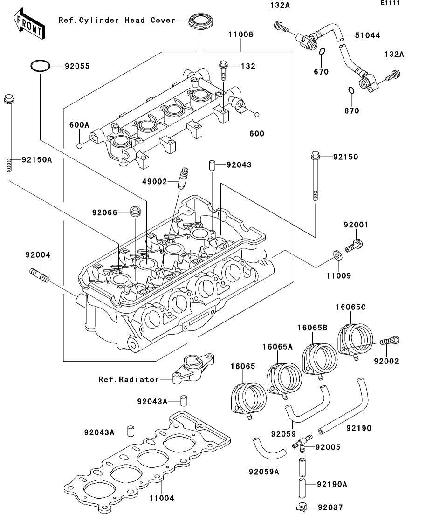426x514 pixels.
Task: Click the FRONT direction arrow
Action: coord(29,26)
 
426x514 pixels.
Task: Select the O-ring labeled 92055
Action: coord(41,66)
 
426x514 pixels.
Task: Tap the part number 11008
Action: coord(240,34)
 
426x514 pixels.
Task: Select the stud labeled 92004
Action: coord(39,275)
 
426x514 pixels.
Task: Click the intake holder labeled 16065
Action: coord(249,399)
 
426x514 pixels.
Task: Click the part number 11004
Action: coord(161,498)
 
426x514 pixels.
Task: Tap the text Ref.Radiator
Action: coord(128,379)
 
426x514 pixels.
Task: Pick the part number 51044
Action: coord(367,35)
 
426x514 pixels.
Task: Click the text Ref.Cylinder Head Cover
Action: coord(117,20)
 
